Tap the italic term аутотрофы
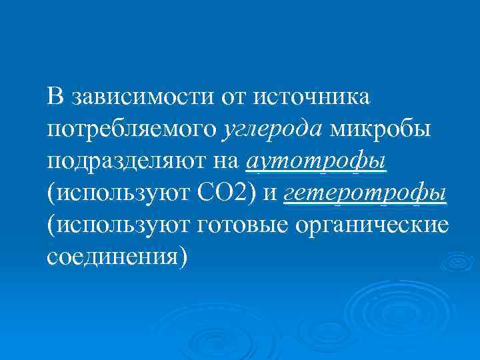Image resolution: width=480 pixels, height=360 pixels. [x=317, y=162]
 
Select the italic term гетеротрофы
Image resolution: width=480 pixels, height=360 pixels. [x=365, y=193]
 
